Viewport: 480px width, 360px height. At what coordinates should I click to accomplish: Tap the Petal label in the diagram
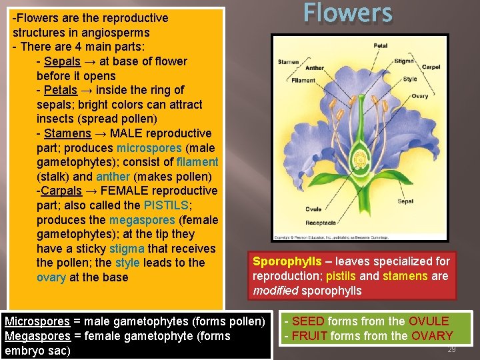click(x=380, y=46)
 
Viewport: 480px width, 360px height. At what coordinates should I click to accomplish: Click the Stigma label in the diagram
click(x=404, y=61)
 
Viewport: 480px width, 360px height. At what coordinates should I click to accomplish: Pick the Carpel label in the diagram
click(x=431, y=67)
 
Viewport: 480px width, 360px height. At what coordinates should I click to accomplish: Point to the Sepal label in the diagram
click(x=405, y=201)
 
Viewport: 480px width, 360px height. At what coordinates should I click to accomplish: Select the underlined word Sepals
click(x=62, y=61)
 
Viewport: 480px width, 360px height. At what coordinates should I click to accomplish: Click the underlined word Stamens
click(x=67, y=133)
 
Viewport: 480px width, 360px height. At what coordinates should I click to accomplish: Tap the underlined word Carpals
click(x=63, y=191)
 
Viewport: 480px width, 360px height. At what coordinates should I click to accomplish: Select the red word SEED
click(x=308, y=321)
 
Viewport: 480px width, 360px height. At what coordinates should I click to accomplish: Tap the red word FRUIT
click(x=310, y=336)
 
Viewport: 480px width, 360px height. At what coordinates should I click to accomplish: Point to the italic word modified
click(x=275, y=291)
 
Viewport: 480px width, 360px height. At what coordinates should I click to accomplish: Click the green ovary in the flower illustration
click(x=360, y=160)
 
